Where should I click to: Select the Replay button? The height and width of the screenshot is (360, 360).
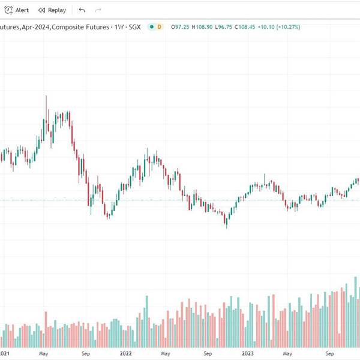click(52, 10)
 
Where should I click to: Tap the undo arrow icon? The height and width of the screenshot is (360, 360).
click(82, 10)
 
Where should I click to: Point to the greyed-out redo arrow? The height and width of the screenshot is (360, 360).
click(98, 10)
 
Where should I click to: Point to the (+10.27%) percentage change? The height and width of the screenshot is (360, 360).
click(289, 27)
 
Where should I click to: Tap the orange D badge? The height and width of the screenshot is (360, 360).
click(159, 27)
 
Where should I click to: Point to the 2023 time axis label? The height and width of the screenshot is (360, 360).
click(247, 354)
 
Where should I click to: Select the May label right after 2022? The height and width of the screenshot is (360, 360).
click(165, 354)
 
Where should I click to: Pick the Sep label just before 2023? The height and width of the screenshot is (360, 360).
click(208, 354)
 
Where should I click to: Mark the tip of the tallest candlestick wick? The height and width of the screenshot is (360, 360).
click(47, 95)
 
